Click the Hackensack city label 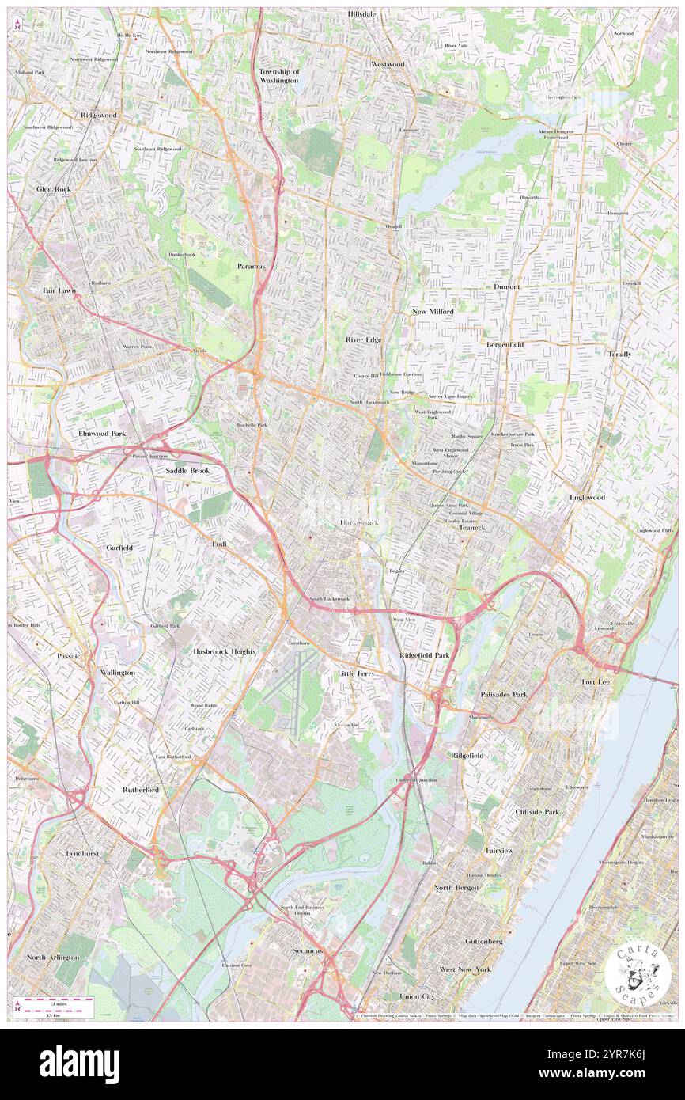coord(360,523)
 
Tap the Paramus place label coord(252,266)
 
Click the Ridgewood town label coord(98,115)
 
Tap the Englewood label coord(587,497)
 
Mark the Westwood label coord(388,63)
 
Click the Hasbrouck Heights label coord(224,651)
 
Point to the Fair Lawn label coord(59,290)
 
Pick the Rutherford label coord(141,790)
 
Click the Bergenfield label coord(505,344)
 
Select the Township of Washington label coord(279,76)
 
